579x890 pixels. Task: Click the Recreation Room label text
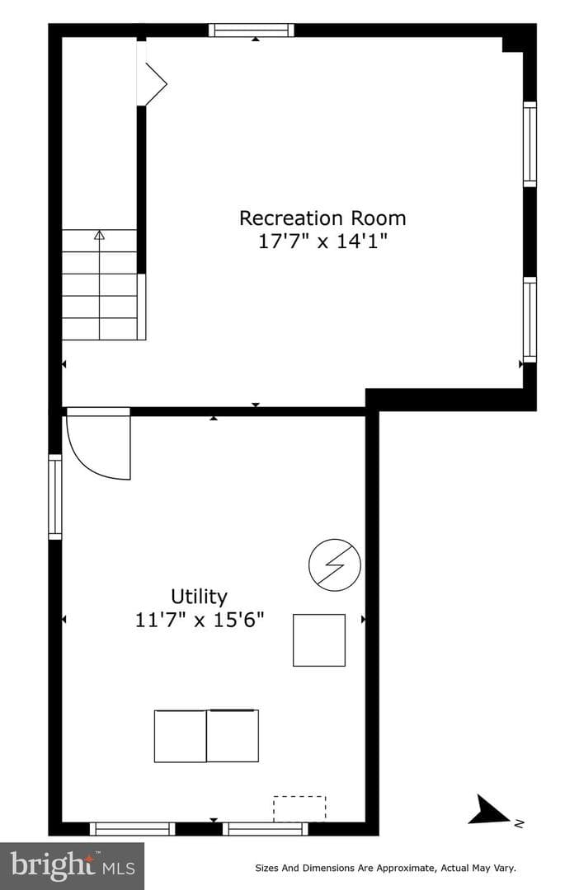[322, 218]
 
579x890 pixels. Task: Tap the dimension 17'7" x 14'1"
[322, 241]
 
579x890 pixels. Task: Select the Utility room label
[199, 597]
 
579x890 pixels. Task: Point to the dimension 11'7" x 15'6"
[200, 619]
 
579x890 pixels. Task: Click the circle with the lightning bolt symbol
[335, 564]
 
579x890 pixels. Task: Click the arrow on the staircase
[100, 283]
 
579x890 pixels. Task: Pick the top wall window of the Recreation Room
[251, 30]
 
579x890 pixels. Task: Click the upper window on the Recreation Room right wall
[530, 144]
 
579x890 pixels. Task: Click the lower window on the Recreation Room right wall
[530, 320]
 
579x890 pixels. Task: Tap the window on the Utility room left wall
[55, 497]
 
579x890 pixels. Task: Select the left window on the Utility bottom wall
[133, 829]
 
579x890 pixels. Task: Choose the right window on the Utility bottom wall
[266, 829]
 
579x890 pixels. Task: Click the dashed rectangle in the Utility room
[299, 809]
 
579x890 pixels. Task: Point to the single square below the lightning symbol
[319, 639]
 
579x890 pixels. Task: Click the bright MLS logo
[72, 866]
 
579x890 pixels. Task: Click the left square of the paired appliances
[180, 736]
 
